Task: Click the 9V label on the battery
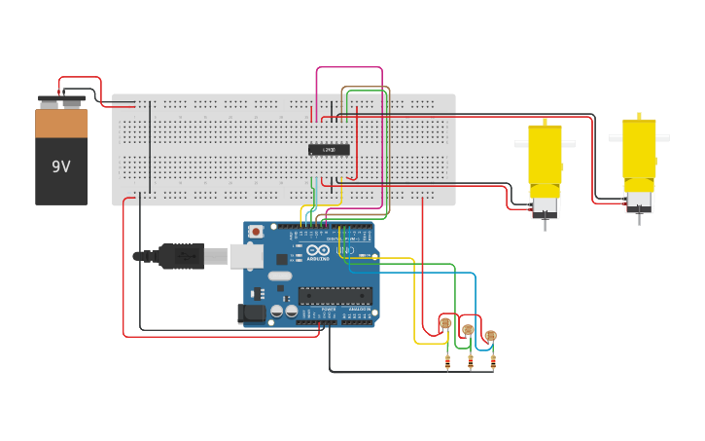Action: pyautogui.click(x=61, y=166)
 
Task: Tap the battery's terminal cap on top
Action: pyautogui.click(x=61, y=99)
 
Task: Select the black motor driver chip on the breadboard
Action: pyautogui.click(x=330, y=150)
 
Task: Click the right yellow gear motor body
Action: pyautogui.click(x=639, y=151)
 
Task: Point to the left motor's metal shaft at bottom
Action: pyautogui.click(x=545, y=224)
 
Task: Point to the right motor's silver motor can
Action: pyautogui.click(x=639, y=202)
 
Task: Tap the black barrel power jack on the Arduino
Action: pyautogui.click(x=251, y=312)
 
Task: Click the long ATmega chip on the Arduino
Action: pyautogui.click(x=335, y=295)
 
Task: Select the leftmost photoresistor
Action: pyautogui.click(x=445, y=323)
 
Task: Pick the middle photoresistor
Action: pyautogui.click(x=468, y=330)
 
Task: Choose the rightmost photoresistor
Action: pyautogui.click(x=490, y=336)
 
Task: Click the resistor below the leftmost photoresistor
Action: pyautogui.click(x=447, y=363)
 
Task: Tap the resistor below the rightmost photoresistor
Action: pyautogui.click(x=493, y=363)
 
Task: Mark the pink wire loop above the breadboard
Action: pyautogui.click(x=348, y=69)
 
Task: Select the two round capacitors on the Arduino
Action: pyautogui.click(x=284, y=312)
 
